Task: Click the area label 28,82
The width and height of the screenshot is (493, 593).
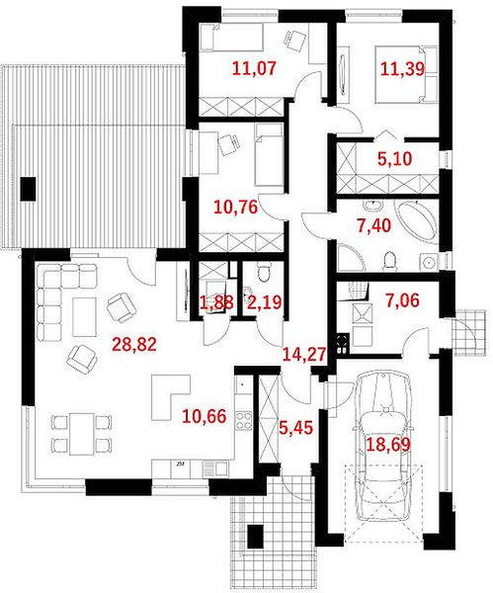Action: tap(134, 344)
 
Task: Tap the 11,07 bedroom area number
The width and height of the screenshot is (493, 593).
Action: tap(255, 68)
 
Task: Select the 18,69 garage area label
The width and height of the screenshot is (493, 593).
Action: tap(388, 444)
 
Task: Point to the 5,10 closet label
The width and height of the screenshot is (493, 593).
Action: tap(395, 159)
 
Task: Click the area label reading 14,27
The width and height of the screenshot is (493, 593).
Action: tap(304, 355)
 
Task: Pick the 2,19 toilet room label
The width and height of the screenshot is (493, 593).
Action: tap(264, 302)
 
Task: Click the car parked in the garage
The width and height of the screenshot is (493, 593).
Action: tap(382, 447)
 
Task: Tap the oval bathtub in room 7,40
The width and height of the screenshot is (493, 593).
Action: tap(416, 220)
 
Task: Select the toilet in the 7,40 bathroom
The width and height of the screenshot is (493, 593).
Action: tap(390, 262)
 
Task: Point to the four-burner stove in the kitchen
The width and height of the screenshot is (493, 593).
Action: tap(244, 420)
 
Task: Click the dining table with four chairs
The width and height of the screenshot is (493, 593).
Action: tap(81, 434)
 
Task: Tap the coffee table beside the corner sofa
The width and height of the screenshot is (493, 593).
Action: tap(85, 317)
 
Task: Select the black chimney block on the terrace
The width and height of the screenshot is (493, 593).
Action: tap(28, 189)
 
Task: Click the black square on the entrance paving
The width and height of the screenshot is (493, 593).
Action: tap(255, 537)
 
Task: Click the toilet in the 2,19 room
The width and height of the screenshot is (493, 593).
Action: tap(263, 272)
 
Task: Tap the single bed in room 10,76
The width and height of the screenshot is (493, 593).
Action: tap(269, 155)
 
